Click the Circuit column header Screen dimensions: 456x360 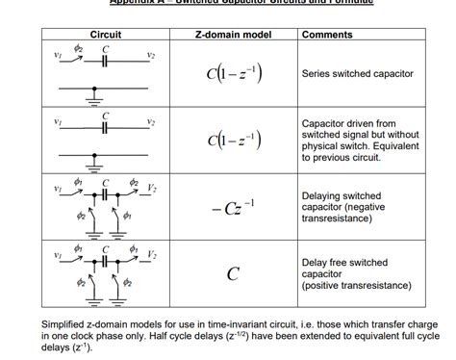pos(105,36)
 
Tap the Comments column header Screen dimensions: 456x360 pos(327,36)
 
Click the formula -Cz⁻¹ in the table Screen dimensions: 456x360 pos(233,207)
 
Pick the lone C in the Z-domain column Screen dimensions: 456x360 pos(233,273)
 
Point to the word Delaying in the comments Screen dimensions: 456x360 pos(323,195)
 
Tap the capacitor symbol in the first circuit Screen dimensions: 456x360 pos(105,61)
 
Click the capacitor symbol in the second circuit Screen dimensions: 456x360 pos(105,126)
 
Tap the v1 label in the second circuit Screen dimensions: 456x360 pos(59,121)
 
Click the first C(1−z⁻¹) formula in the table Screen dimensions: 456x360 pos(233,75)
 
